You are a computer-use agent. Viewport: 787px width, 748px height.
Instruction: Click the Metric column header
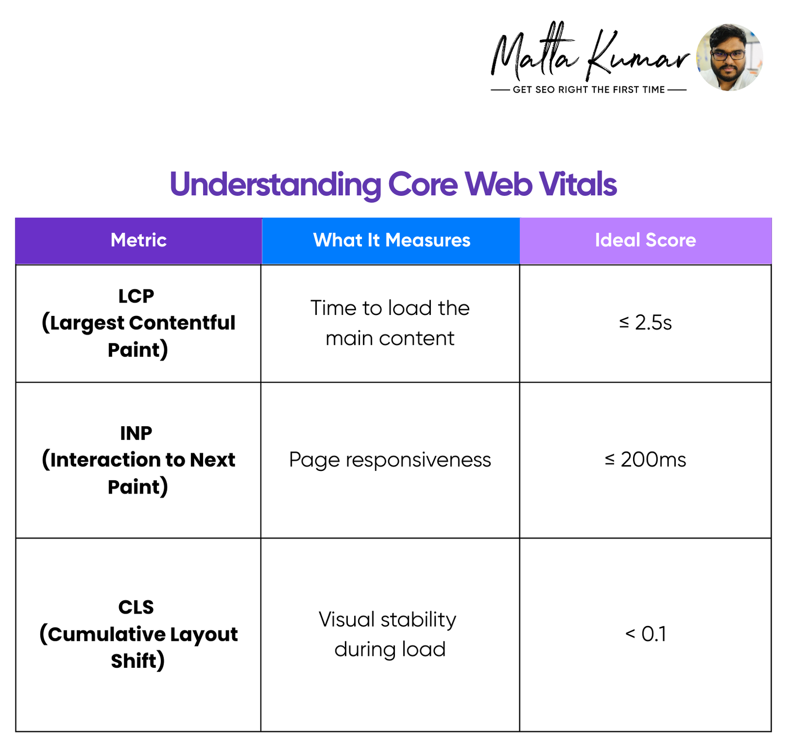[139, 240]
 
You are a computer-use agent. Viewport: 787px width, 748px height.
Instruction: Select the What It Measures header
[391, 240]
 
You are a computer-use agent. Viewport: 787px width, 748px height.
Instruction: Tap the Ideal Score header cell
[645, 240]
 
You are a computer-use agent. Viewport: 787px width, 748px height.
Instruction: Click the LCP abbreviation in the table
[136, 296]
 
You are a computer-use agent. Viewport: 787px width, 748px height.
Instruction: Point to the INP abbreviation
[136, 433]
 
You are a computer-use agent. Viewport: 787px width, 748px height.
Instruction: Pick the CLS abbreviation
[136, 607]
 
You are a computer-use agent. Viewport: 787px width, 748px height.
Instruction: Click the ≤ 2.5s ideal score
[645, 322]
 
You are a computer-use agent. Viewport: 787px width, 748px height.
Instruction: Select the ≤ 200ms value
[645, 460]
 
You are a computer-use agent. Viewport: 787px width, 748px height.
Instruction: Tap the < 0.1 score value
[645, 634]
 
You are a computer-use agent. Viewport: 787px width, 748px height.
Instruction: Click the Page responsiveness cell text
[390, 460]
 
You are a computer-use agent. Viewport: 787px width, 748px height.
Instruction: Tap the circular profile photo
[729, 57]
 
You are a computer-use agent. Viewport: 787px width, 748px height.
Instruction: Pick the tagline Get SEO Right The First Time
[589, 90]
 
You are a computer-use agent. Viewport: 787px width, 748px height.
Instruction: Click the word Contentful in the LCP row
[182, 323]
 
